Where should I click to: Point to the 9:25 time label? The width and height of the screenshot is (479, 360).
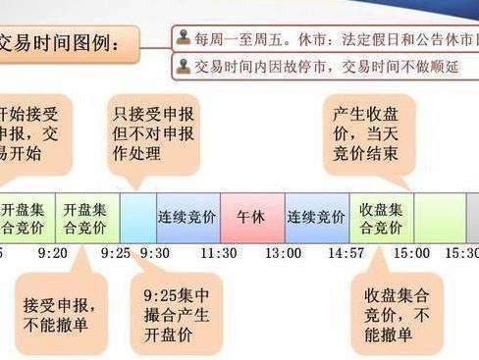click(116, 253)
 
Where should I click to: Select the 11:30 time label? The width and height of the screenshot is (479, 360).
click(219, 253)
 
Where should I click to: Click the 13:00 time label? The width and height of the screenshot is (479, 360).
click(284, 253)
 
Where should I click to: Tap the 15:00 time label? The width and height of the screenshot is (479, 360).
click(411, 253)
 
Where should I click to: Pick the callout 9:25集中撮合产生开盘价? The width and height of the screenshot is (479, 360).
click(177, 311)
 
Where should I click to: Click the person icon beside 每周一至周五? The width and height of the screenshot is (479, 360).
click(184, 38)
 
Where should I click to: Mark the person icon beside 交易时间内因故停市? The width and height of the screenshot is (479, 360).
click(184, 66)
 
